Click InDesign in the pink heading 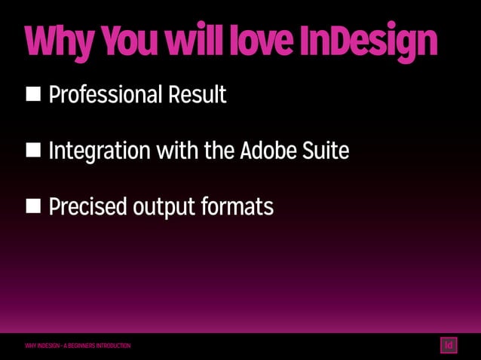coord(368,44)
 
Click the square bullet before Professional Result coord(34,94)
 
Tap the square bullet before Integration coord(34,151)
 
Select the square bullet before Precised coord(34,206)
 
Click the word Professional coord(105,96)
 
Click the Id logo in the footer coord(449,346)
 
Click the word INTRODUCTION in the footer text coord(112,346)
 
